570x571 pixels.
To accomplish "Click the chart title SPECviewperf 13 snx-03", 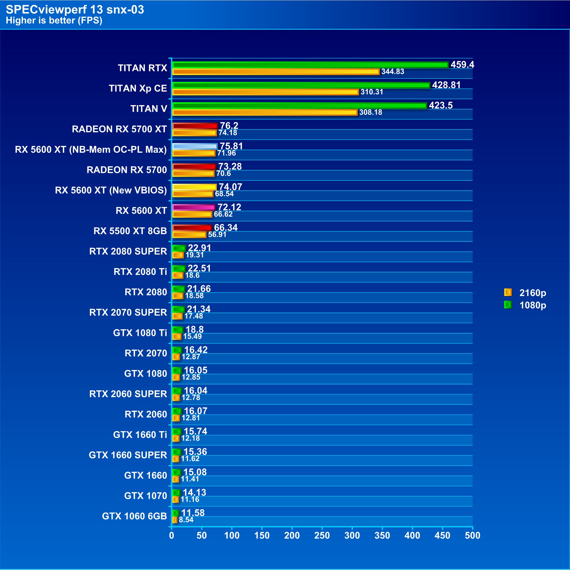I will (x=75, y=10).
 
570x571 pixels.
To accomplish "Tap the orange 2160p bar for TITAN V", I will (x=265, y=112).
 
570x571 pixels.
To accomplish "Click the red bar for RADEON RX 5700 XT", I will (x=195, y=126).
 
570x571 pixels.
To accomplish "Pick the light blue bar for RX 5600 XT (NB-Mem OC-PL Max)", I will (x=194, y=146).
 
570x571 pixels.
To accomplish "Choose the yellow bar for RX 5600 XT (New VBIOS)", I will (x=194, y=187).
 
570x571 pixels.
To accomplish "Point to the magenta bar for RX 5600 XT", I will (x=193, y=207).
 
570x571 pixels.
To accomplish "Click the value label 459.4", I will (x=462, y=64).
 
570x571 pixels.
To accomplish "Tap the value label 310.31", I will (x=372, y=92).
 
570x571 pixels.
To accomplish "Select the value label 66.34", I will (x=226, y=228).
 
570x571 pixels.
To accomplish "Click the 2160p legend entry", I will (x=525, y=293).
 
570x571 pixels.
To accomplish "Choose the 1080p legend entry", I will (x=525, y=305).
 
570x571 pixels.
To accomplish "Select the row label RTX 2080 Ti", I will (x=140, y=271).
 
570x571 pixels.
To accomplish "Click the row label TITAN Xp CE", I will (x=138, y=88).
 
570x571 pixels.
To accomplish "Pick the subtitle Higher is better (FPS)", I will (x=54, y=21).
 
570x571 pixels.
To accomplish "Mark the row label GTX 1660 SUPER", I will (x=128, y=455).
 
